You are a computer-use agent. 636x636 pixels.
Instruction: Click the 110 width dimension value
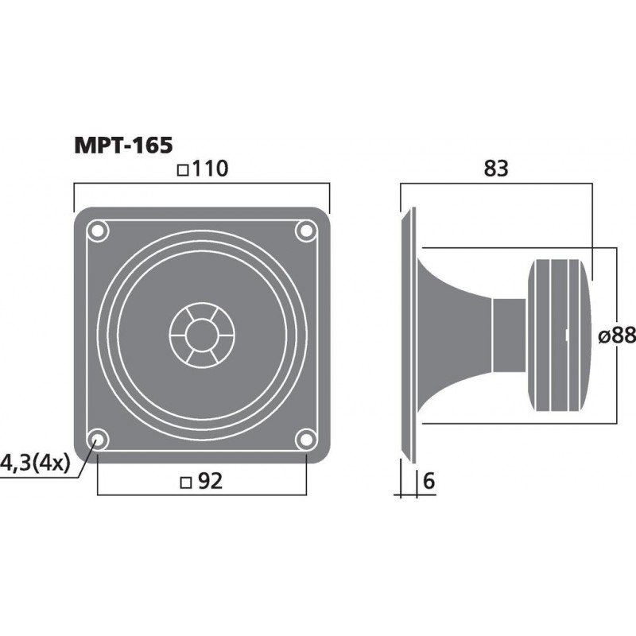point(208,169)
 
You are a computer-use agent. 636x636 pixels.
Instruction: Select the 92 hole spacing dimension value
point(209,482)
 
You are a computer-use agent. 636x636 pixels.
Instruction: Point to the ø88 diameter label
point(616,336)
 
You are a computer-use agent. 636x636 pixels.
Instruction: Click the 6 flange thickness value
point(429,482)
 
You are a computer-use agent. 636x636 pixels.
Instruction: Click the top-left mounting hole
point(98,231)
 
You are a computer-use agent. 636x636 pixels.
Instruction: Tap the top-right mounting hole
point(305,231)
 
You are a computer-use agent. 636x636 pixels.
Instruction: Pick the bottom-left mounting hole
point(98,438)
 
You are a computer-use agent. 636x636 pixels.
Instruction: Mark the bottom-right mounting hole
point(305,438)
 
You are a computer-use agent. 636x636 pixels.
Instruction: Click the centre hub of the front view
point(201,334)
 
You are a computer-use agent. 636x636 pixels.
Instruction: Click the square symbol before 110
point(183,169)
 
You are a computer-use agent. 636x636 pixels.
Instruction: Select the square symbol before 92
point(185,482)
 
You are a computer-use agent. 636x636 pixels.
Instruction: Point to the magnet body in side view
point(560,334)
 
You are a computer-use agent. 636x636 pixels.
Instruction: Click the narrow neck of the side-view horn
point(509,334)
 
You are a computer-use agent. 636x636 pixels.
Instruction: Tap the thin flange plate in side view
point(409,334)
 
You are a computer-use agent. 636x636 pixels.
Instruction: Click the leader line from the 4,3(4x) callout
point(85,463)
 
